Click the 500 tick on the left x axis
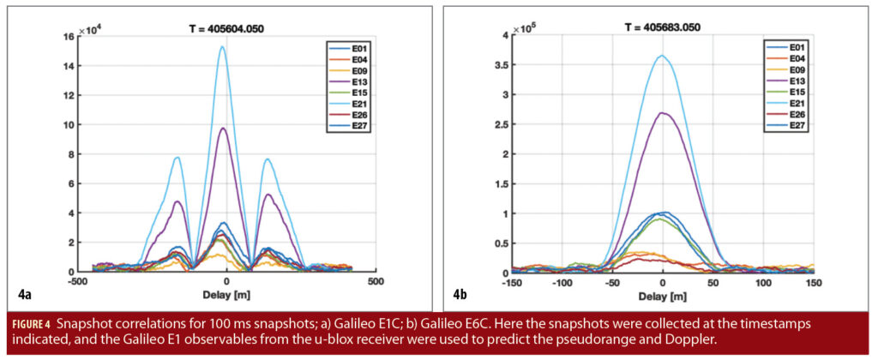click(x=375, y=281)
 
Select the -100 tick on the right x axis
click(x=562, y=281)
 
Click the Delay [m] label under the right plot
click(x=663, y=293)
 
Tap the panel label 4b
click(x=461, y=296)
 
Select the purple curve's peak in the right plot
click(x=661, y=112)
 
